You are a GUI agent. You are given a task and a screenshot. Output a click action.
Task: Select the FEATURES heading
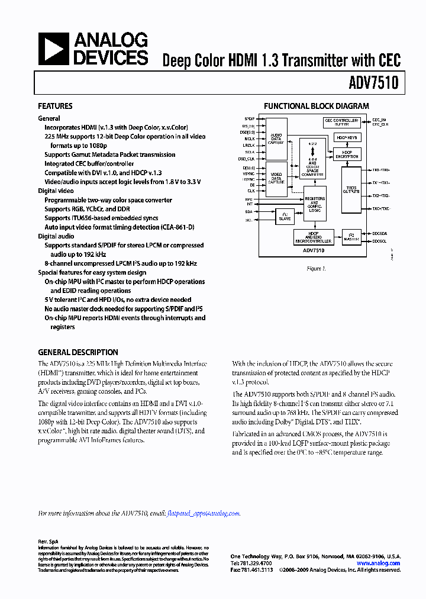coord(55,106)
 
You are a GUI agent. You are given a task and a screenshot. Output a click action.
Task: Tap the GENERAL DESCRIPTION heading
coord(78,352)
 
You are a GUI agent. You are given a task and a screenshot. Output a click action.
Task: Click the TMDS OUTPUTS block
coord(351,189)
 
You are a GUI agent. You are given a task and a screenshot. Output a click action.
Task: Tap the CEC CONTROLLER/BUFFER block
coord(341,122)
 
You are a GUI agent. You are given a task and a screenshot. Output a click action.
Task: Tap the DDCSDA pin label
coord(380,233)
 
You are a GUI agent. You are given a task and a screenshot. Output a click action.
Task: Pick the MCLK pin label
coord(249,139)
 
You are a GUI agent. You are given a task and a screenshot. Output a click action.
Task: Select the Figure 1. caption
coord(315,269)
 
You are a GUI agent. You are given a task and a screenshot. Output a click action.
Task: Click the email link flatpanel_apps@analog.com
coord(204,514)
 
